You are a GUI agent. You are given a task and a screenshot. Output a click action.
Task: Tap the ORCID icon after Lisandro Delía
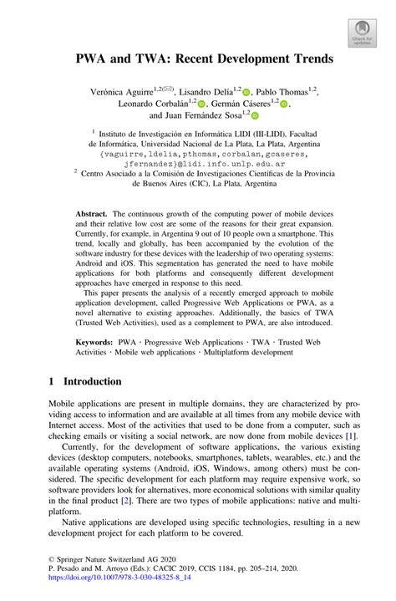click(x=246, y=90)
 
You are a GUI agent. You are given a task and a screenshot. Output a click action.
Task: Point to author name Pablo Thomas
click(x=282, y=89)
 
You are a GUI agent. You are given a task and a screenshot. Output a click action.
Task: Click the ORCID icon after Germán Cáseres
click(x=284, y=104)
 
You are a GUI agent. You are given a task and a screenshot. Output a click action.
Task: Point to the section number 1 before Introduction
click(x=52, y=381)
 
